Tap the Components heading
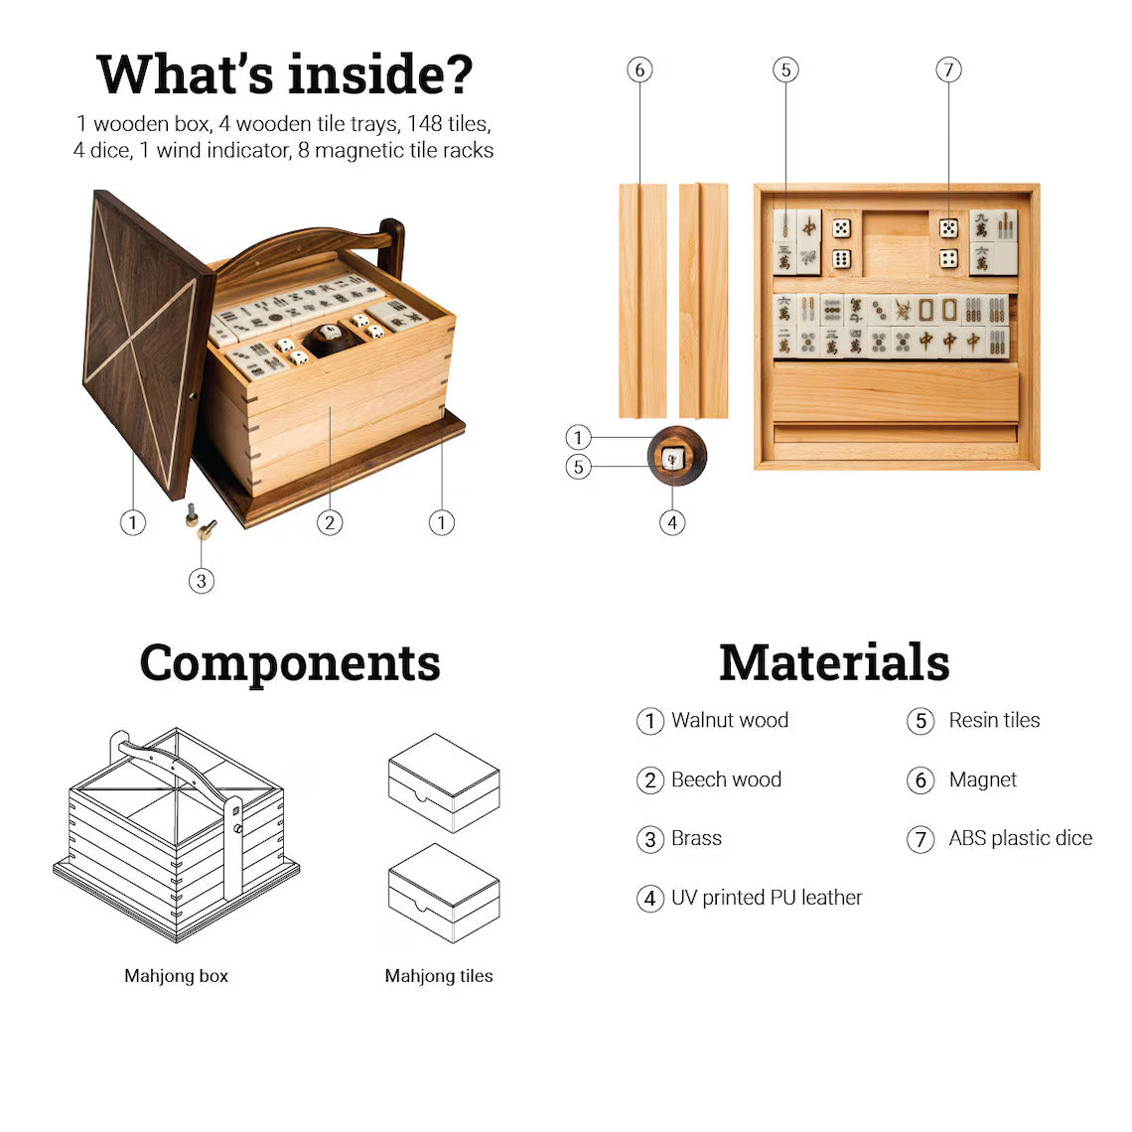(290, 663)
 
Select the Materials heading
(834, 662)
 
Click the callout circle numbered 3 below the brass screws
(202, 581)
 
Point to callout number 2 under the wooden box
(330, 522)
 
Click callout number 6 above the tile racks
(639, 71)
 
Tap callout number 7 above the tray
(948, 71)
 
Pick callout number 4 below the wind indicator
(672, 522)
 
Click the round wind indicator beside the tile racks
(676, 456)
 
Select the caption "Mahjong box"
(176, 976)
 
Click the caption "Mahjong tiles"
(439, 976)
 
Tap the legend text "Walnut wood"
(730, 720)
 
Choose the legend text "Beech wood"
(726, 779)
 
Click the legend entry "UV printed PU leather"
(767, 898)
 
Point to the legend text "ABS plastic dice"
(1020, 838)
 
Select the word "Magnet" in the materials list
(983, 779)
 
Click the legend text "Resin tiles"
(994, 720)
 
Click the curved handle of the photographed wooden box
(311, 249)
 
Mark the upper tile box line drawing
(443, 782)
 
